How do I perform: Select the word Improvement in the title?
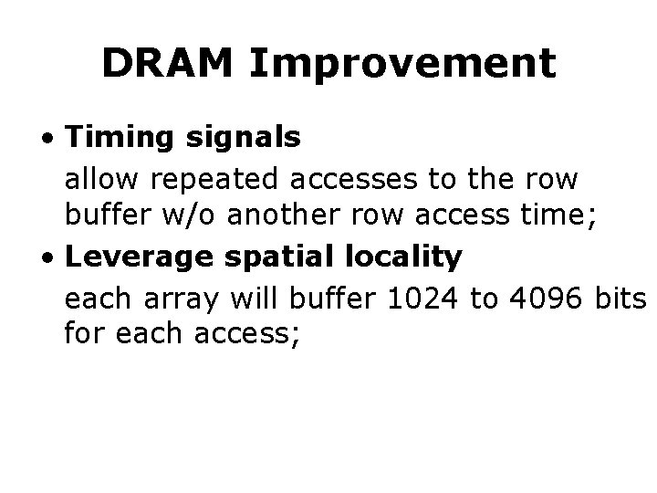coord(401,63)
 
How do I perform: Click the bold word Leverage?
coord(142,258)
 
